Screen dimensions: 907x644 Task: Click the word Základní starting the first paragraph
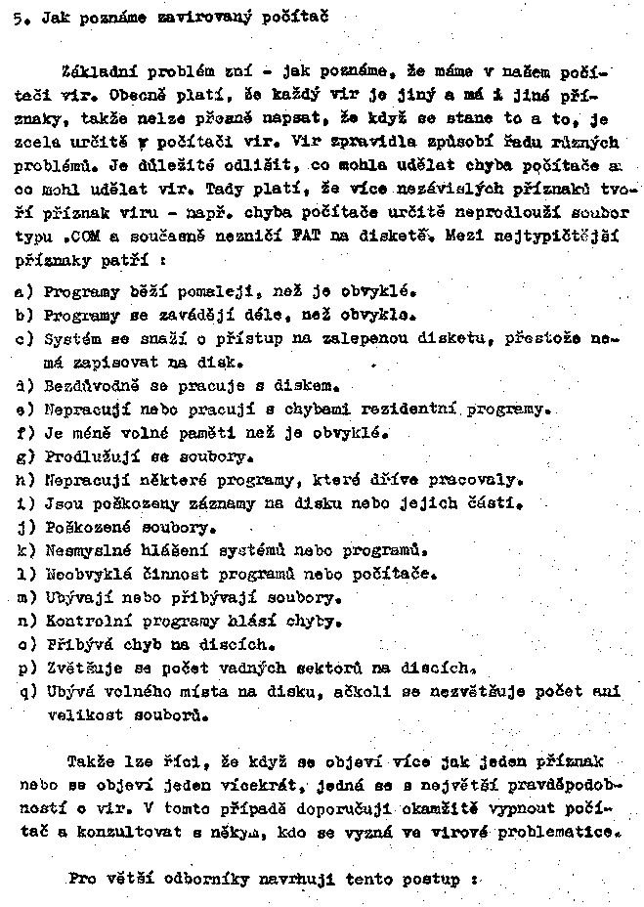point(99,71)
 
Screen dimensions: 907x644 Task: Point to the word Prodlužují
point(88,456)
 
